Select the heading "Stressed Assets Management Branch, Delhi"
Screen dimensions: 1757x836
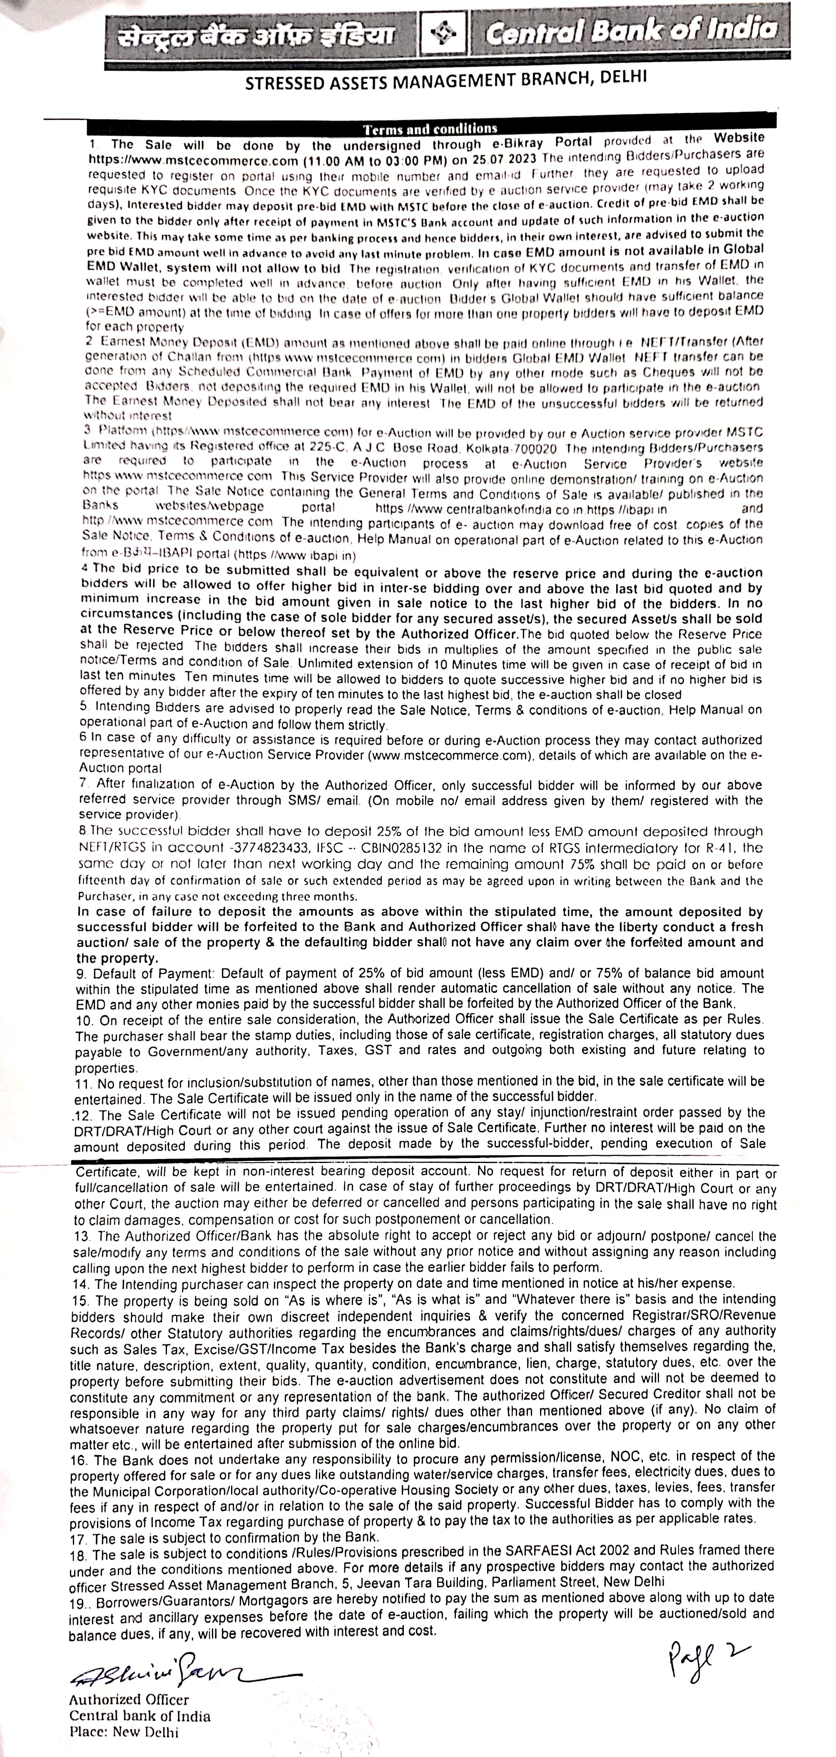point(445,80)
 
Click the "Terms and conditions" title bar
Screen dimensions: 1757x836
point(430,128)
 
